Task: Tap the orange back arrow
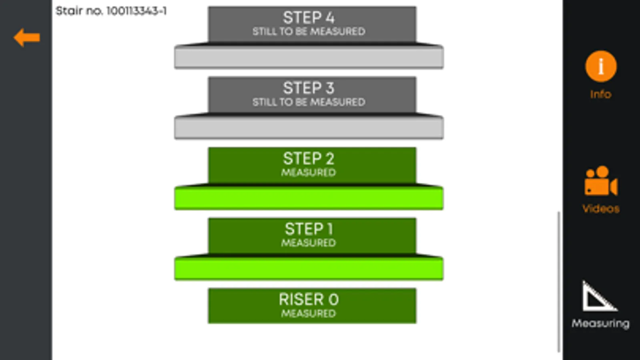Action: coord(26,38)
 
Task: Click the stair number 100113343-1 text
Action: coord(111,11)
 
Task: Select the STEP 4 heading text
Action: coord(308,18)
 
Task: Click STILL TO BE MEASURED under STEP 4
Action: coord(308,31)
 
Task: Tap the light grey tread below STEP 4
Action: coord(308,58)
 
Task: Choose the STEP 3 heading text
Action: coord(308,88)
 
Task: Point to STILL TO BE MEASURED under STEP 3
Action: coord(308,102)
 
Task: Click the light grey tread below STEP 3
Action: coord(308,128)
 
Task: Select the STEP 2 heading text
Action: coord(308,158)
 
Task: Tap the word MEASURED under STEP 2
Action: coord(308,172)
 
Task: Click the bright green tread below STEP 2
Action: coord(308,198)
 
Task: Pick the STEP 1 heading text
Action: coord(308,229)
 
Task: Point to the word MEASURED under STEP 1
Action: coord(308,243)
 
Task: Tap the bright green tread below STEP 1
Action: coord(308,269)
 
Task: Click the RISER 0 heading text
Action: coord(308,299)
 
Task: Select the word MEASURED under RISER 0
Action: coord(308,313)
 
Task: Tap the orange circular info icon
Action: coord(600,66)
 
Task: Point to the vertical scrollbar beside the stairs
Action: coord(559,282)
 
